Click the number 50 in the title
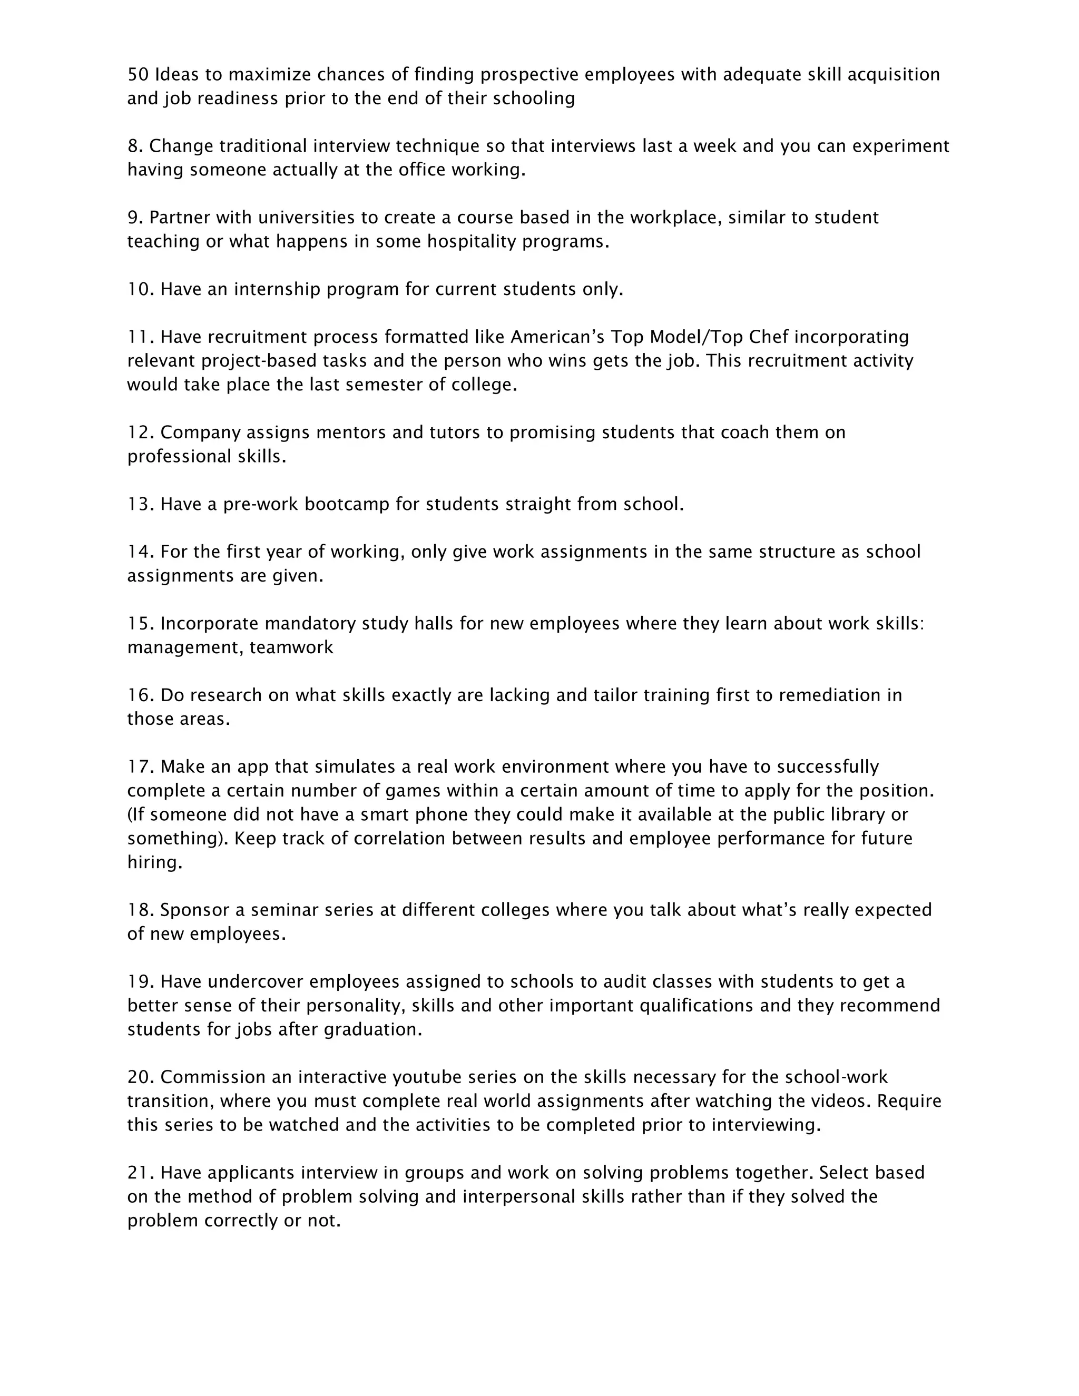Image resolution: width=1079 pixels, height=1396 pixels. pyautogui.click(x=138, y=75)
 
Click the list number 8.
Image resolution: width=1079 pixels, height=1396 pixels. pyautogui.click(x=134, y=146)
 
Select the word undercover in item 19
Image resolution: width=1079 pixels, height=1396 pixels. pyautogui.click(x=255, y=982)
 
